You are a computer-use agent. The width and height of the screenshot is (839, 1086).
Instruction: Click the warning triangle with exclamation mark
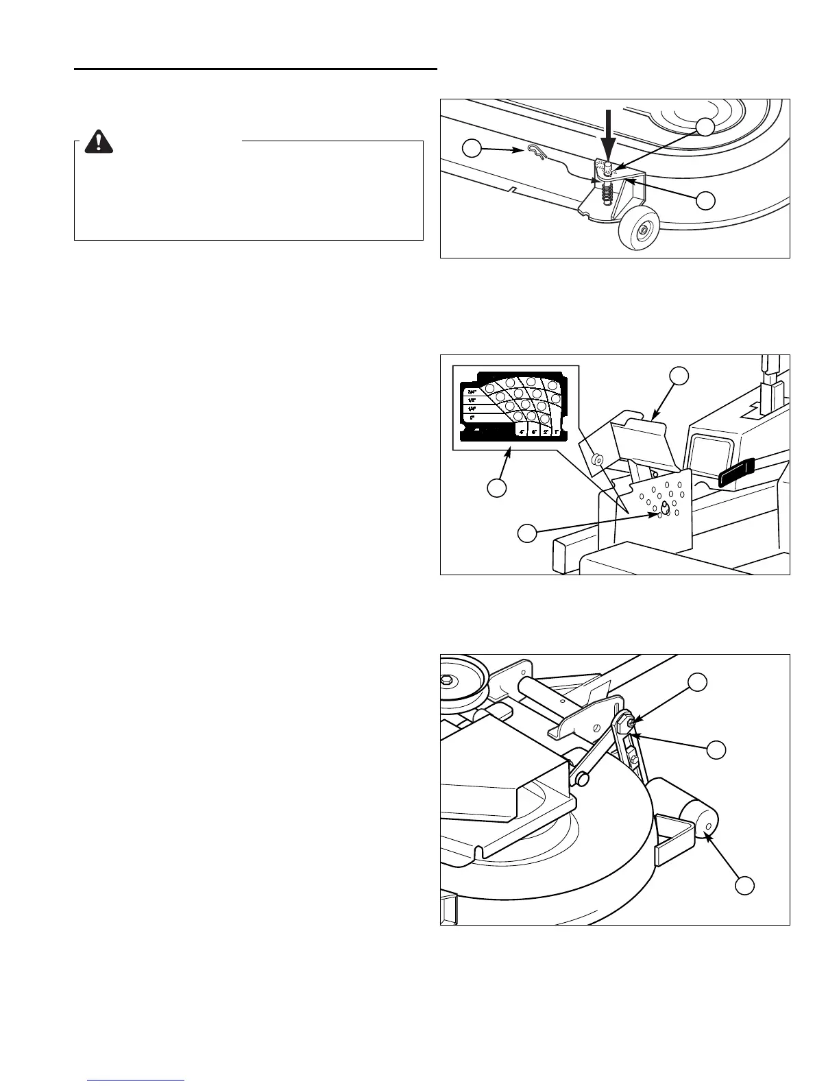point(101,141)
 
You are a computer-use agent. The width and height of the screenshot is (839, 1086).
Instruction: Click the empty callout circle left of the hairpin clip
point(471,148)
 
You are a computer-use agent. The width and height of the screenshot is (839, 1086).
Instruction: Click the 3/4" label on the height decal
point(472,393)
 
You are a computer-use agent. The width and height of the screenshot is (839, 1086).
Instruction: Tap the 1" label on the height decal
point(556,433)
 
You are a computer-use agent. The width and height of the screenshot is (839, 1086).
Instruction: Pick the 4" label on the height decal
point(522,433)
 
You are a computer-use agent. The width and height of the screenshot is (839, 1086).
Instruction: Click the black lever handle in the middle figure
point(735,474)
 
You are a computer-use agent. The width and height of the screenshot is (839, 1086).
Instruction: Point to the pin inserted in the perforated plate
point(664,507)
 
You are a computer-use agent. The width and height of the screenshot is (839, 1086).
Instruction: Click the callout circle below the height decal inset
point(496,488)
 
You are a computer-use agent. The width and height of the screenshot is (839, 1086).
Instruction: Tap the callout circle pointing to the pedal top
point(679,375)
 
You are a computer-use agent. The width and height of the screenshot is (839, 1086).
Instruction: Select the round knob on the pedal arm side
point(598,459)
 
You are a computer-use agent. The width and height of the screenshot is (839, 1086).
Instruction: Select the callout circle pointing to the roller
point(745,885)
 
